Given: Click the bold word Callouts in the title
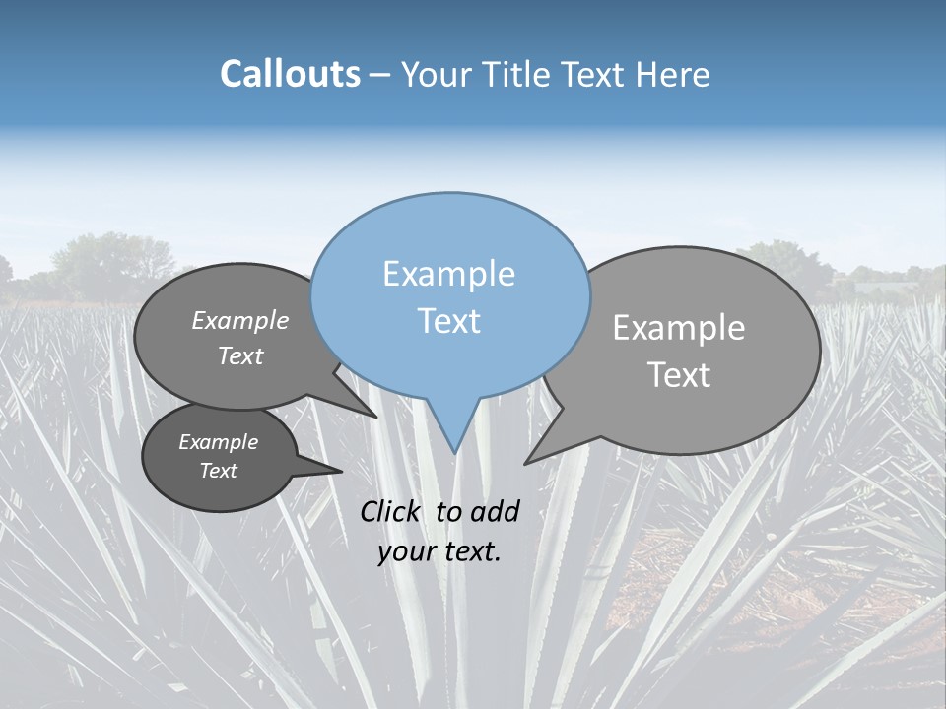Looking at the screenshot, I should pyautogui.click(x=290, y=74).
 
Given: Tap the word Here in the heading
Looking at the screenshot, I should pyautogui.click(x=673, y=75).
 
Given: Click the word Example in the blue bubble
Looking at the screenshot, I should pyautogui.click(x=448, y=274).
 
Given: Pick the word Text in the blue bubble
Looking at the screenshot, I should pyautogui.click(x=448, y=321).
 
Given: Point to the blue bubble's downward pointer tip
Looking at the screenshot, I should pyautogui.click(x=454, y=452).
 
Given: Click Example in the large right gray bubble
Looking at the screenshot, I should pyautogui.click(x=679, y=328).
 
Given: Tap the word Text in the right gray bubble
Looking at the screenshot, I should pyautogui.click(x=679, y=375).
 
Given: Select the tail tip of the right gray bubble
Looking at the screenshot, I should pyautogui.click(x=526, y=463).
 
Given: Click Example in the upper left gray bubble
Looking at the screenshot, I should pyautogui.click(x=240, y=320).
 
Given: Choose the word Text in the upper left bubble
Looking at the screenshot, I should pyautogui.click(x=240, y=355).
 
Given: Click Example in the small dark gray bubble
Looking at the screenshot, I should pyautogui.click(x=218, y=442).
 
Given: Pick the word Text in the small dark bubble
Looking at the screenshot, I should pyautogui.click(x=218, y=471).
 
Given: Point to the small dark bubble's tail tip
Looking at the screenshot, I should pyautogui.click(x=341, y=471).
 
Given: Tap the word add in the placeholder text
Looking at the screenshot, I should pyautogui.click(x=494, y=511).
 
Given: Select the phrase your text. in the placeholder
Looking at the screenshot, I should pyautogui.click(x=439, y=551).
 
